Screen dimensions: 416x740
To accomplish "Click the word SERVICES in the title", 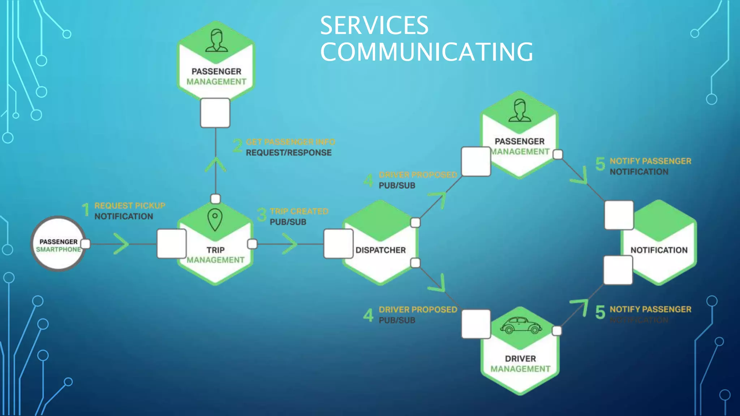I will coord(374,26).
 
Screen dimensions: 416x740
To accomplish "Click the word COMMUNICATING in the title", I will coord(426,52).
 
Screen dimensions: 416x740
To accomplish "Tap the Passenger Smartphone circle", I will coord(58,244).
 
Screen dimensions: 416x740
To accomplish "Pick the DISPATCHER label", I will coord(380,250).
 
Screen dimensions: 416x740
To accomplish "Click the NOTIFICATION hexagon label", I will coord(659,250).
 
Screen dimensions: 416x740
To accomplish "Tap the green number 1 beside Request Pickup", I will coord(86,210).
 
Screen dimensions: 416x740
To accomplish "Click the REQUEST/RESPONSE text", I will coord(288,153).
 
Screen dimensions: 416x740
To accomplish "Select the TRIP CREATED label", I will coord(299,211).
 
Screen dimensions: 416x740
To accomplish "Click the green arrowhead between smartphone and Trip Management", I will coord(122,244).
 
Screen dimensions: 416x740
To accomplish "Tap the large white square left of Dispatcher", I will coord(338,244).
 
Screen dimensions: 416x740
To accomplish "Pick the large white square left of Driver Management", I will coord(476,324).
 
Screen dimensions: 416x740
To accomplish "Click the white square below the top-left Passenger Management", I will coord(215,113).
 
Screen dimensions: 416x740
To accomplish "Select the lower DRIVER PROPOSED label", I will coord(418,309).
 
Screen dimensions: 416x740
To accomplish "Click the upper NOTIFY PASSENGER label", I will coord(650,161).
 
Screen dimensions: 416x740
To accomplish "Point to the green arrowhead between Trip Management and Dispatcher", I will coord(290,244).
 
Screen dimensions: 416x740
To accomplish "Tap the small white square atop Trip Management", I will coord(215,199).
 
